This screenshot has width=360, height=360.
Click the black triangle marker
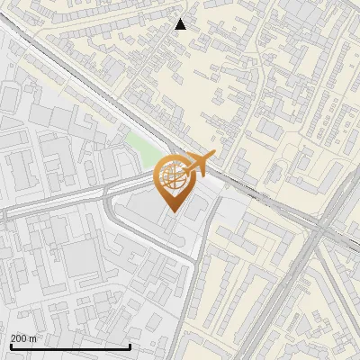pos(181,24)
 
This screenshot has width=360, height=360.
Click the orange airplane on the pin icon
pos(196,164)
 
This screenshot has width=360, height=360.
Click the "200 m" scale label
pos(24,337)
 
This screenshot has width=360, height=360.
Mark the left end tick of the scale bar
pos(11,346)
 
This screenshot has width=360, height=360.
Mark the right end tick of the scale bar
pos(130,346)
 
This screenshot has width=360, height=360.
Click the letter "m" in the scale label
pos(33,337)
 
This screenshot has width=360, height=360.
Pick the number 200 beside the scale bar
pos(20,337)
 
